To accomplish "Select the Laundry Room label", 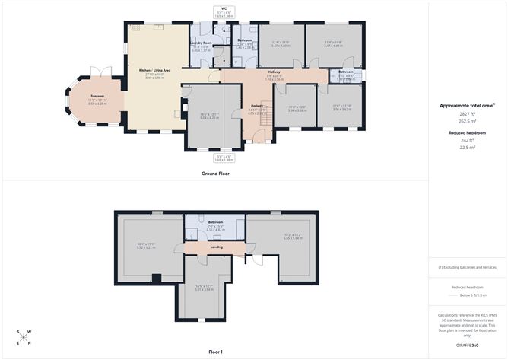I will pyautogui.click(x=201, y=43).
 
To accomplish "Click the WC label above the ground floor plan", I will pyautogui.click(x=224, y=8).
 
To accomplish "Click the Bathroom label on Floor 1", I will pyautogui.click(x=214, y=222).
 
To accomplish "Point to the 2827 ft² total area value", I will pyautogui.click(x=468, y=113).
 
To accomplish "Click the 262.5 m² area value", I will pyautogui.click(x=468, y=120).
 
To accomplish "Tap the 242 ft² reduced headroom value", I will pyautogui.click(x=468, y=139).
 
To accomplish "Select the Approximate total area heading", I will pyautogui.click(x=468, y=105).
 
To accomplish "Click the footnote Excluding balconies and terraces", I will pyautogui.click(x=468, y=267).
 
